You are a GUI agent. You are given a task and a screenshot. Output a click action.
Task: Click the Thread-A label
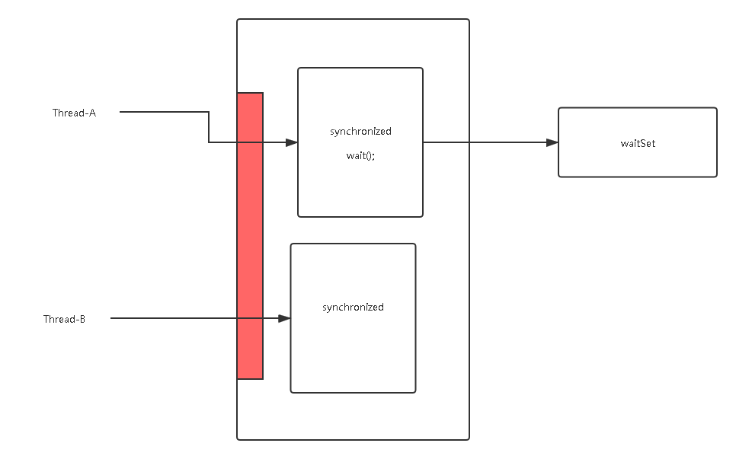pos(74,113)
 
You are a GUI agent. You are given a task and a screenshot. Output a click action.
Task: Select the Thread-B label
pos(64,319)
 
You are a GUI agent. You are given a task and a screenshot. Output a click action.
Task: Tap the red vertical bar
pos(250,236)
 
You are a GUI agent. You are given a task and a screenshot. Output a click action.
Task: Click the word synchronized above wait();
pos(360,132)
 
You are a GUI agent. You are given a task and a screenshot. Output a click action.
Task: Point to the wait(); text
pos(360,155)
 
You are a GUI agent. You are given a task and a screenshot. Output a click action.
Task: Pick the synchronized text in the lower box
pos(353,308)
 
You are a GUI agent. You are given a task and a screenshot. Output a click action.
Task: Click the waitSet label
pos(638,142)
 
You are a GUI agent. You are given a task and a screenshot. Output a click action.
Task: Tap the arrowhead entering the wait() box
pos(292,142)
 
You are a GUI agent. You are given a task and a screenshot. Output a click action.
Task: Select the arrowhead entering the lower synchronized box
pos(285,318)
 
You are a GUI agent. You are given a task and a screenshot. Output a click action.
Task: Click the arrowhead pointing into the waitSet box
pos(552,142)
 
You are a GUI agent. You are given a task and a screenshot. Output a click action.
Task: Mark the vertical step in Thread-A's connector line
pos(210,127)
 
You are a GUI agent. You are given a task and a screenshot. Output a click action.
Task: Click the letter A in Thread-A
pos(92,113)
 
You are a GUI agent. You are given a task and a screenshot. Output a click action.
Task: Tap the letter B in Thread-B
pos(82,319)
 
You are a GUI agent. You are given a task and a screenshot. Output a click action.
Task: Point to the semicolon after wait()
pos(373,156)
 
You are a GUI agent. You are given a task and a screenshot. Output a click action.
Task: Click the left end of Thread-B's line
pos(112,318)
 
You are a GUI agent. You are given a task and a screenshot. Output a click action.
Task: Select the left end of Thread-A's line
pos(120,113)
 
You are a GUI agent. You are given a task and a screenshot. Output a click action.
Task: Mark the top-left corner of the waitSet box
pos(559,108)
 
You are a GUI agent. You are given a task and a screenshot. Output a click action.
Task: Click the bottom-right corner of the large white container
pos(469,439)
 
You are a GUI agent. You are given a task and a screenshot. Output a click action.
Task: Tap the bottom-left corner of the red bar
pos(238,378)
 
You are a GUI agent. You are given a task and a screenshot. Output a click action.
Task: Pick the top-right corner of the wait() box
pos(422,69)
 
